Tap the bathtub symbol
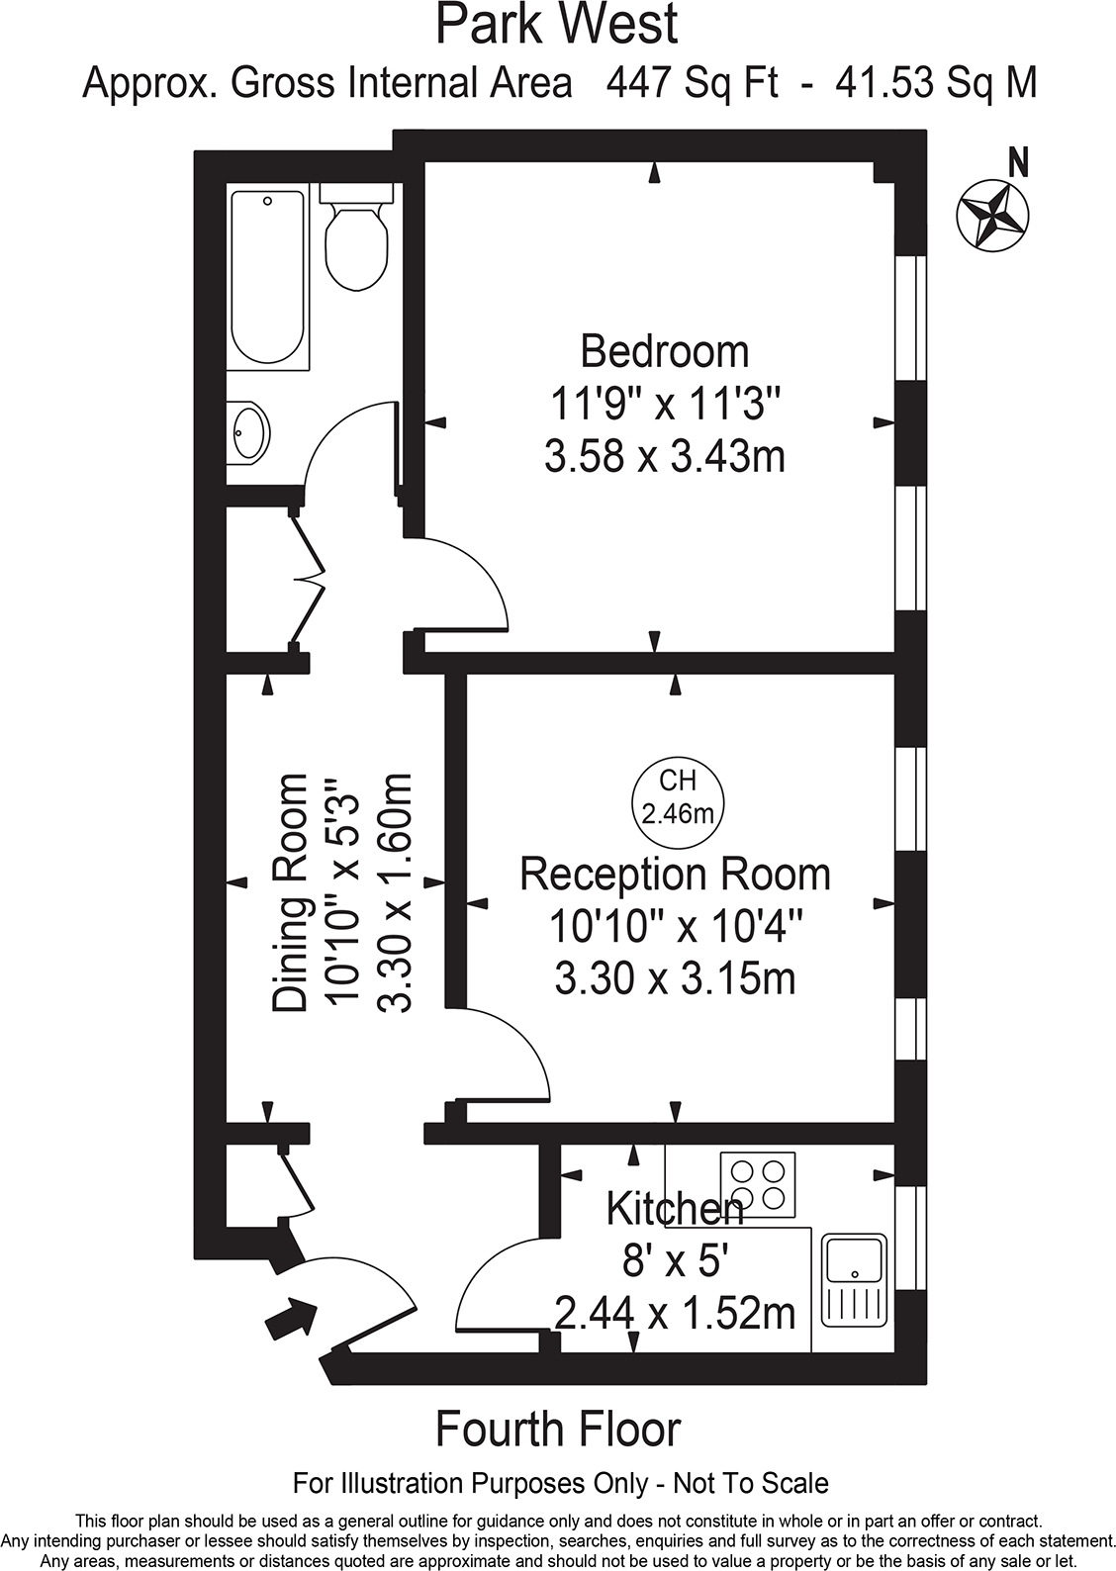[267, 278]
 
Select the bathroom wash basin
[247, 433]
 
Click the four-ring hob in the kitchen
[757, 1184]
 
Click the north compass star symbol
[993, 215]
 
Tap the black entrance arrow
[292, 1320]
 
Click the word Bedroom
[664, 351]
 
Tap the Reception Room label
[675, 875]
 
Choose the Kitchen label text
[674, 1208]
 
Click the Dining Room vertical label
[290, 893]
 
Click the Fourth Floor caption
[558, 1430]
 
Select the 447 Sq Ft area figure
[693, 83]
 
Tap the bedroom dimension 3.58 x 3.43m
[664, 457]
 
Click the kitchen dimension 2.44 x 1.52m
[675, 1314]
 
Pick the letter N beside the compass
[1017, 162]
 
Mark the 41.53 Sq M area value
[936, 83]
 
